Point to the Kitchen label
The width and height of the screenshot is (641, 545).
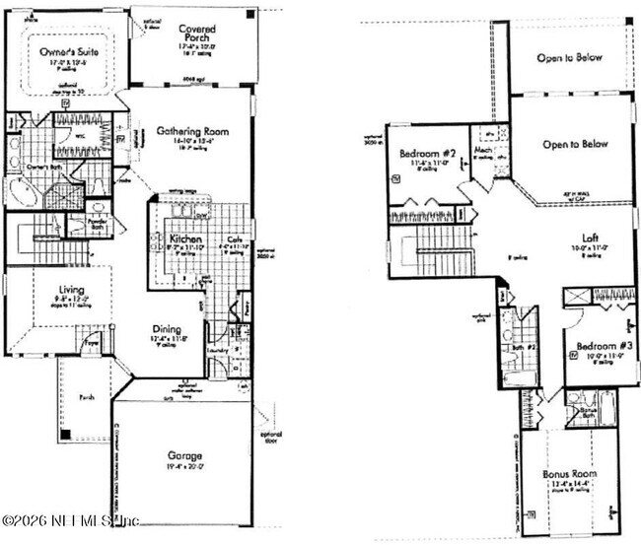tap(184, 239)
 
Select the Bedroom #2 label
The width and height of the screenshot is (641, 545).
tap(427, 155)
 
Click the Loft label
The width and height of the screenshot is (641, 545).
tap(591, 237)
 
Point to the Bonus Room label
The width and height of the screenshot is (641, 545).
tap(569, 474)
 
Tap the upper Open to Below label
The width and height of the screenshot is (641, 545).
tap(569, 58)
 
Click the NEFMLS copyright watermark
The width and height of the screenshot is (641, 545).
tap(71, 519)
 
